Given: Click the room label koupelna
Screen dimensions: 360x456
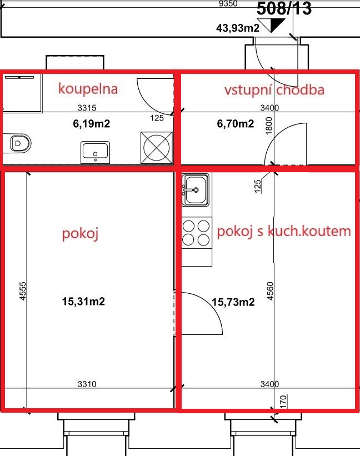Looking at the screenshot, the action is (88, 89).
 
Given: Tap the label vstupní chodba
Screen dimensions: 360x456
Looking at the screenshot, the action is (274, 89).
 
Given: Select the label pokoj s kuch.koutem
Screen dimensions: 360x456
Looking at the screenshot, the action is (284, 232).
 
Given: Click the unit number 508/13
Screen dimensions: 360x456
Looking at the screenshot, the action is (284, 8).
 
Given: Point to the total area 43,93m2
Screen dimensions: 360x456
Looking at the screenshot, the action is (238, 28).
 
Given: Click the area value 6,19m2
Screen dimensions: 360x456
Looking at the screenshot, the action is (91, 124).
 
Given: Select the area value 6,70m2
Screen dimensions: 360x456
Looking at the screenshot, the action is (235, 124).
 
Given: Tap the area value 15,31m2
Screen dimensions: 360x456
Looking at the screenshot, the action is (83, 301).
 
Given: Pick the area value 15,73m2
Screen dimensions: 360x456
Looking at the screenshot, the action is (233, 302).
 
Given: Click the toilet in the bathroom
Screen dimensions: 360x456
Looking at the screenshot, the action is (21, 143).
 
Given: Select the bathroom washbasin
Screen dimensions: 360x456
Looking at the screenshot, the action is (95, 152).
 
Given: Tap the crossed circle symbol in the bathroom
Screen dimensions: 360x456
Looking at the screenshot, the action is (157, 147).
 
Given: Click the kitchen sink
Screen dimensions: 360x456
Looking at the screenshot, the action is (196, 189).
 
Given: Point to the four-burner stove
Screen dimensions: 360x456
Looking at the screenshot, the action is (197, 233).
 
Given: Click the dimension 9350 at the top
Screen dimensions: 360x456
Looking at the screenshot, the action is (228, 3).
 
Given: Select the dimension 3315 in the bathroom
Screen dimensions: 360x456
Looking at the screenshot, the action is (87, 108).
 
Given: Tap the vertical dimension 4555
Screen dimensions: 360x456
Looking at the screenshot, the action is (23, 291).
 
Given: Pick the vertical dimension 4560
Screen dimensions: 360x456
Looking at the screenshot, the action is (270, 291).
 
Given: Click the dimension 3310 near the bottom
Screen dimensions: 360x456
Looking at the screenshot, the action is (87, 384).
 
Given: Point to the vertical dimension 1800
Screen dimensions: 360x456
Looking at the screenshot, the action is (269, 126).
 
